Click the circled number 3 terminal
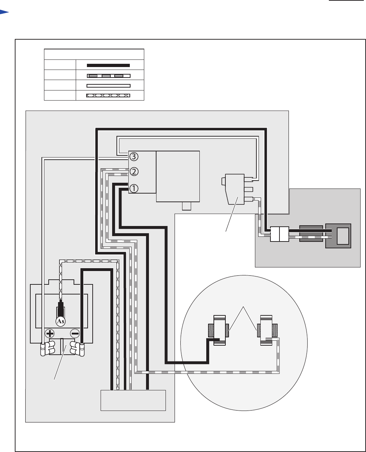pos(134,156)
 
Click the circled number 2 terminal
pos(134,172)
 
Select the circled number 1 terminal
pos(134,188)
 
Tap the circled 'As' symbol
pos(61,321)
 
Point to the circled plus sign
pos(49,333)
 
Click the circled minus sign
pos(75,333)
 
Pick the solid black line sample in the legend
pos(108,65)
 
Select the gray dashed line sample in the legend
pos(108,76)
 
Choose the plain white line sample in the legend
pos(108,86)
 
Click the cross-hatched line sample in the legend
pos(108,96)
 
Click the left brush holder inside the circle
pos(219,330)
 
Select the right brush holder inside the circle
pos(266,330)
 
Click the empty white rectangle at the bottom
pos(133,400)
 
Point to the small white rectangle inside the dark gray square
pos(343,236)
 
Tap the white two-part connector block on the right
pos(279,234)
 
